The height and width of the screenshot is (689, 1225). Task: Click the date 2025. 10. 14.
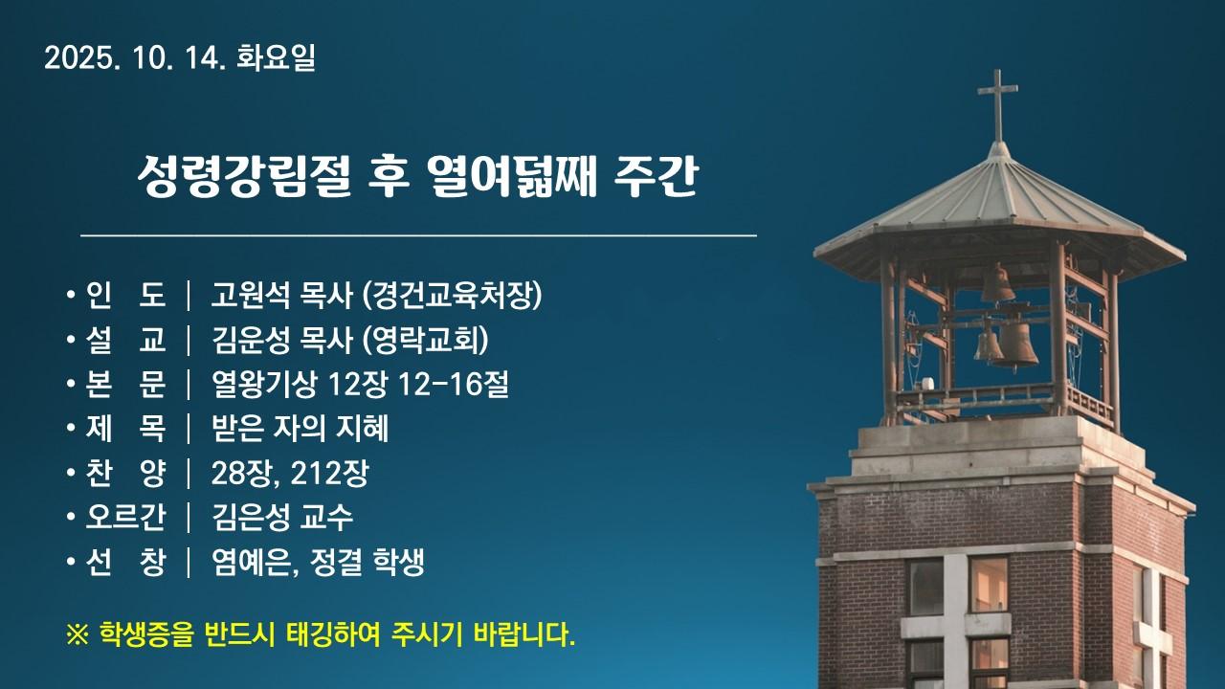pyautogui.click(x=135, y=59)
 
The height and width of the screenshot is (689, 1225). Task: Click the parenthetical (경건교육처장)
pyautogui.click(x=452, y=296)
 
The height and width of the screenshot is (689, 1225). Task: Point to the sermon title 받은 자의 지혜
pyautogui.click(x=300, y=429)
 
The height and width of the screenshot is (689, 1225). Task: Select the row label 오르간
pyautogui.click(x=125, y=518)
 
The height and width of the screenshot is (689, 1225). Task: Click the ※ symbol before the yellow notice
pyautogui.click(x=77, y=634)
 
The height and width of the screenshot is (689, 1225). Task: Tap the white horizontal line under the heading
pyautogui.click(x=418, y=233)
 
